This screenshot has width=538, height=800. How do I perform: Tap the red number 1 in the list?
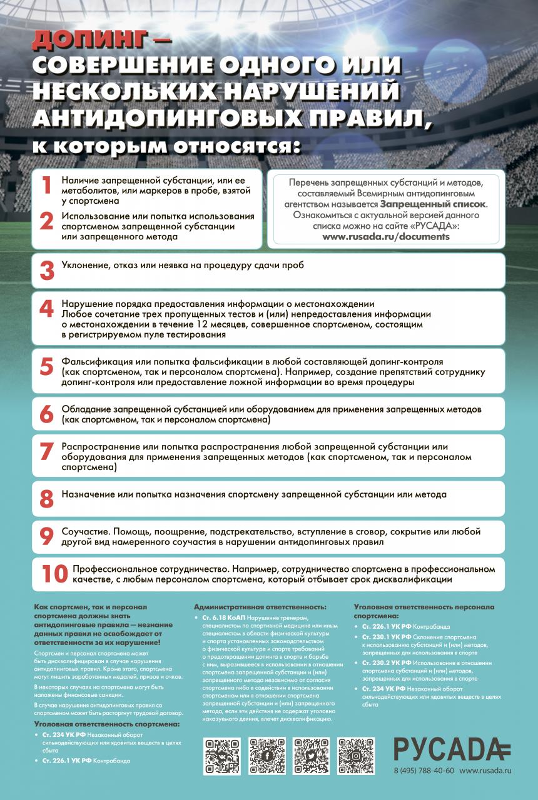[46, 185]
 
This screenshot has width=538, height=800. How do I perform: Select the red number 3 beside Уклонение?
[47, 270]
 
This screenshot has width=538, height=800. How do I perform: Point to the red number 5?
[47, 367]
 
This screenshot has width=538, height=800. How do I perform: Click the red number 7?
[47, 451]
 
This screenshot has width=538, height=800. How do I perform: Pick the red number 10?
[53, 574]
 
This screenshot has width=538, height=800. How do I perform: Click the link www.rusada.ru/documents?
[386, 237]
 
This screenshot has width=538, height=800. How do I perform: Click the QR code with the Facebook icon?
[267, 756]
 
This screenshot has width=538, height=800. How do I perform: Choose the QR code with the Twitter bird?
[312, 756]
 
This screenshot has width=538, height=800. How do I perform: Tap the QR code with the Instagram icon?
[356, 756]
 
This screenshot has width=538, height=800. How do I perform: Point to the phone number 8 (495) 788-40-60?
[424, 771]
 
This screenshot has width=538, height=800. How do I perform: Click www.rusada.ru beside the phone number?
[485, 771]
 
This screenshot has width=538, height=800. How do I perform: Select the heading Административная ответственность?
[260, 607]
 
